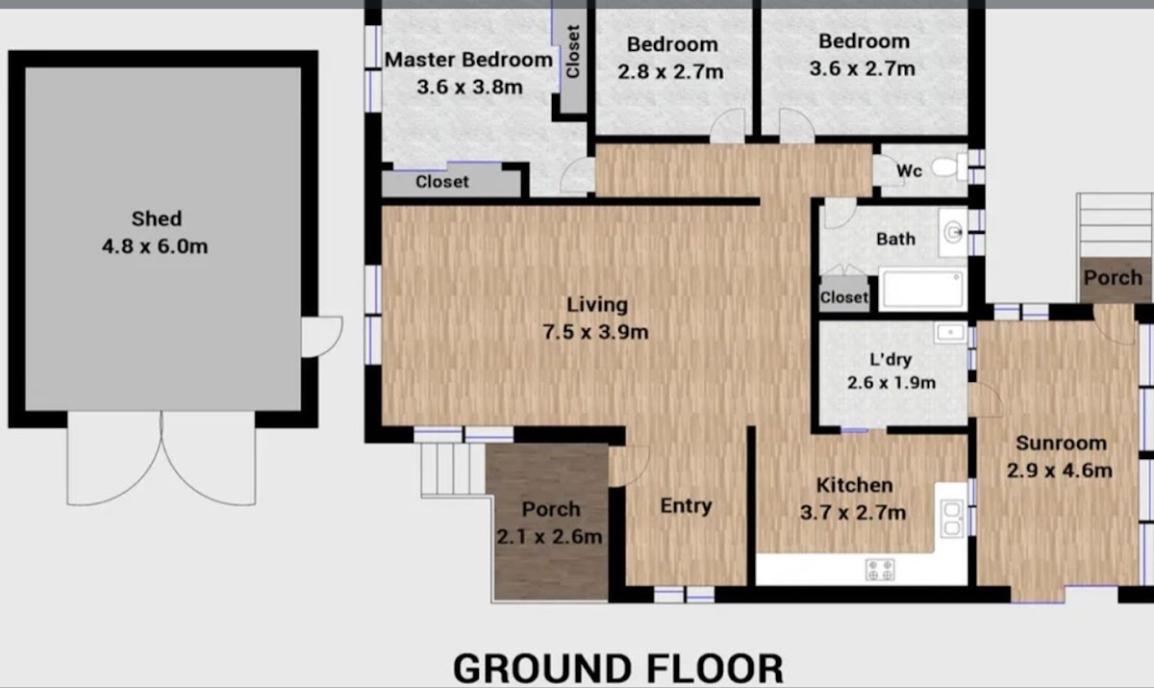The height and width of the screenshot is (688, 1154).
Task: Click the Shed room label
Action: (x=157, y=219)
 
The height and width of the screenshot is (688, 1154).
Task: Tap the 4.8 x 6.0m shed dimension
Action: (x=155, y=246)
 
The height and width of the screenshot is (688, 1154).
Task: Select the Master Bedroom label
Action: (x=468, y=60)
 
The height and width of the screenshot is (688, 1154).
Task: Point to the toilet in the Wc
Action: (x=949, y=167)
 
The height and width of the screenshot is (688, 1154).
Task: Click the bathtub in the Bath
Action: (x=922, y=289)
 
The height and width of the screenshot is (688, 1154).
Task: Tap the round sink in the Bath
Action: (x=953, y=233)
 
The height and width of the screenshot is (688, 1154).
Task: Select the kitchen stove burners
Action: (x=880, y=570)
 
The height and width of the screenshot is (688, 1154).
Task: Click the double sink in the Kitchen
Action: (x=951, y=519)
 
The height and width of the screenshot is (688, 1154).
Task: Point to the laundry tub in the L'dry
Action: (x=950, y=332)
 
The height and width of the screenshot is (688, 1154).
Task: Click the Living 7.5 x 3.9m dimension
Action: (x=595, y=332)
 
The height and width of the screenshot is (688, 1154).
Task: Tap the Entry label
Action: (x=687, y=505)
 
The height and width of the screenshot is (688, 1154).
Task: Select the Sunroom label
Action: (x=1062, y=444)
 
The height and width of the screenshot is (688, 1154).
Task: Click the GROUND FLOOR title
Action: (x=618, y=668)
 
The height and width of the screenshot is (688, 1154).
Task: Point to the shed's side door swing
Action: (x=322, y=337)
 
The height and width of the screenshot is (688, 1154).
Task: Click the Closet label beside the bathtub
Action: (x=844, y=297)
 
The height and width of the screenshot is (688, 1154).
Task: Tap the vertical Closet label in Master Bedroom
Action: (x=573, y=52)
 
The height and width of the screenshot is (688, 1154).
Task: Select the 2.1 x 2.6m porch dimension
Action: (x=549, y=537)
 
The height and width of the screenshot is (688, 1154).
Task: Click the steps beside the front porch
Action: (x=453, y=470)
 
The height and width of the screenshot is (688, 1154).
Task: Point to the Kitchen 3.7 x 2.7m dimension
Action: (x=853, y=513)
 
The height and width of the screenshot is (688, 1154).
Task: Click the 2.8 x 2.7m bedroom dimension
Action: (x=671, y=71)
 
